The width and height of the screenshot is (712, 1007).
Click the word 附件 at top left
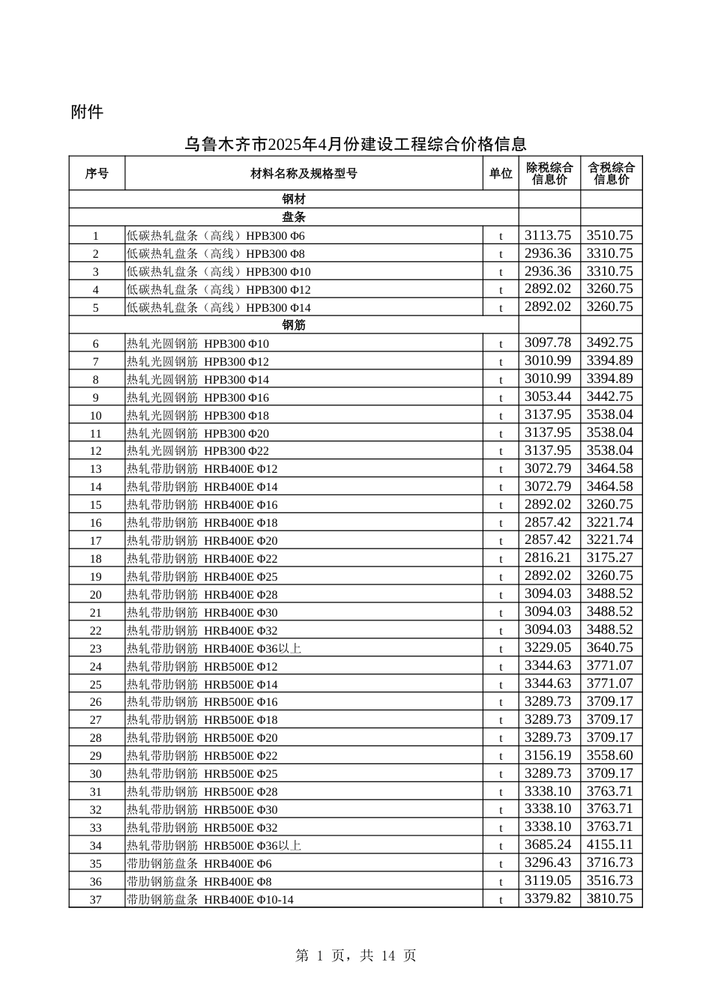(x=87, y=112)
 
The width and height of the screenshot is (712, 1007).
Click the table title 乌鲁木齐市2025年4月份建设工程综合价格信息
(x=355, y=144)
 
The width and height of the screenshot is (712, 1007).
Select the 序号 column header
(x=97, y=174)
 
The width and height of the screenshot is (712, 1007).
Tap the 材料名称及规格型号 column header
(x=304, y=174)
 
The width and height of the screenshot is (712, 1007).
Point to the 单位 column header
(x=501, y=174)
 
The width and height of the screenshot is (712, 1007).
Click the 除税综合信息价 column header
(x=549, y=174)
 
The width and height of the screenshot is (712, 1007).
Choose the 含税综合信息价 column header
(x=611, y=174)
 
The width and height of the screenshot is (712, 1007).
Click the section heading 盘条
(x=294, y=217)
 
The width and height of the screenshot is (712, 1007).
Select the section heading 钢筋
(x=294, y=325)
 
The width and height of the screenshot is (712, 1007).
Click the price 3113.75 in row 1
(x=548, y=235)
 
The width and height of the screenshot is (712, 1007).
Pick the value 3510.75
(x=609, y=235)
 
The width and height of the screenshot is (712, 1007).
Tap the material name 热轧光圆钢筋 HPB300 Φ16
(x=198, y=398)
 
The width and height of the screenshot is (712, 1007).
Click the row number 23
(x=96, y=649)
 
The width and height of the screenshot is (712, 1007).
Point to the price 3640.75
(x=609, y=648)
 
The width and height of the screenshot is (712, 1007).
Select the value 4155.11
(x=609, y=845)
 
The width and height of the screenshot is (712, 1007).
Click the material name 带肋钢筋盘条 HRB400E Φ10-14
(x=210, y=900)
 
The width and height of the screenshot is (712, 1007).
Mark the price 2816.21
(x=548, y=558)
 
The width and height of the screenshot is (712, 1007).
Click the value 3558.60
(x=609, y=756)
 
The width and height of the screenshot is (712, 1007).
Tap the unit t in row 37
(x=501, y=900)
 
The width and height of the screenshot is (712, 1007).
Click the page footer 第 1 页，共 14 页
(x=356, y=956)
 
